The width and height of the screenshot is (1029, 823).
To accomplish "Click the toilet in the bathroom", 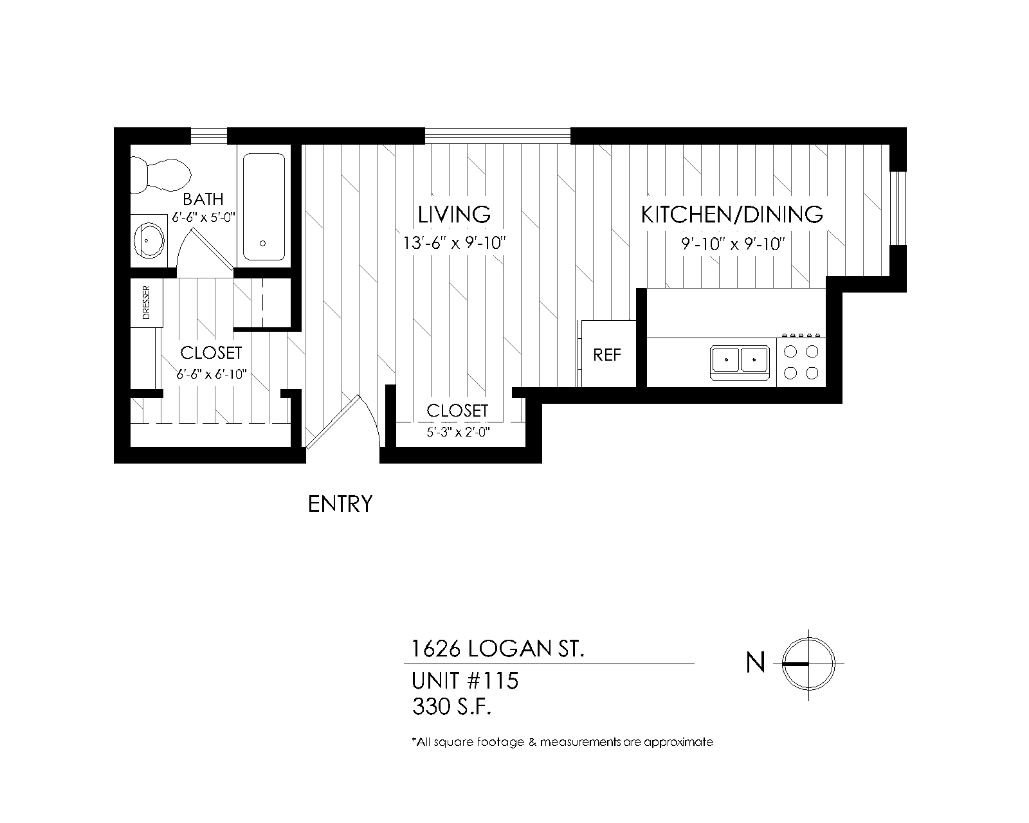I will point(161,175).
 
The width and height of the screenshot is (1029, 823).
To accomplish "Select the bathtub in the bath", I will point(263,206).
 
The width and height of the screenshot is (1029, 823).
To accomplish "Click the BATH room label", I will point(203,199).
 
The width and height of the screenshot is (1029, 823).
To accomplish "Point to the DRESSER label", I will point(146,303).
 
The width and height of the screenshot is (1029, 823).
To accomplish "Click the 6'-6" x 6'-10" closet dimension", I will point(212,374).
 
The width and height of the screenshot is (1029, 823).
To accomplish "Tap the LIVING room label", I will point(454,214).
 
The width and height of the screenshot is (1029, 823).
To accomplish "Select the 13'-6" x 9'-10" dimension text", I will point(454,244).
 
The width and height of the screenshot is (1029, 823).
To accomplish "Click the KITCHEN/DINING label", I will point(732,214).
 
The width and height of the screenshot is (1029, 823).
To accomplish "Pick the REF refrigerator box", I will point(607,355).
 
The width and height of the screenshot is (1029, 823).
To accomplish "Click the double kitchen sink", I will point(740,359).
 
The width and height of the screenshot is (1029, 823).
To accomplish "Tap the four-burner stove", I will point(801,361).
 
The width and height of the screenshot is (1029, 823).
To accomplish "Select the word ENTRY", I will point(340,504).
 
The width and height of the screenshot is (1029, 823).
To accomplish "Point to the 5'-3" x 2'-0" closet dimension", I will point(458,432).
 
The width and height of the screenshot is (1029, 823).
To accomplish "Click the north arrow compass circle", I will point(808,664).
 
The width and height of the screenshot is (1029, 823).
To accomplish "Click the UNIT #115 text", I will point(464,680).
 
